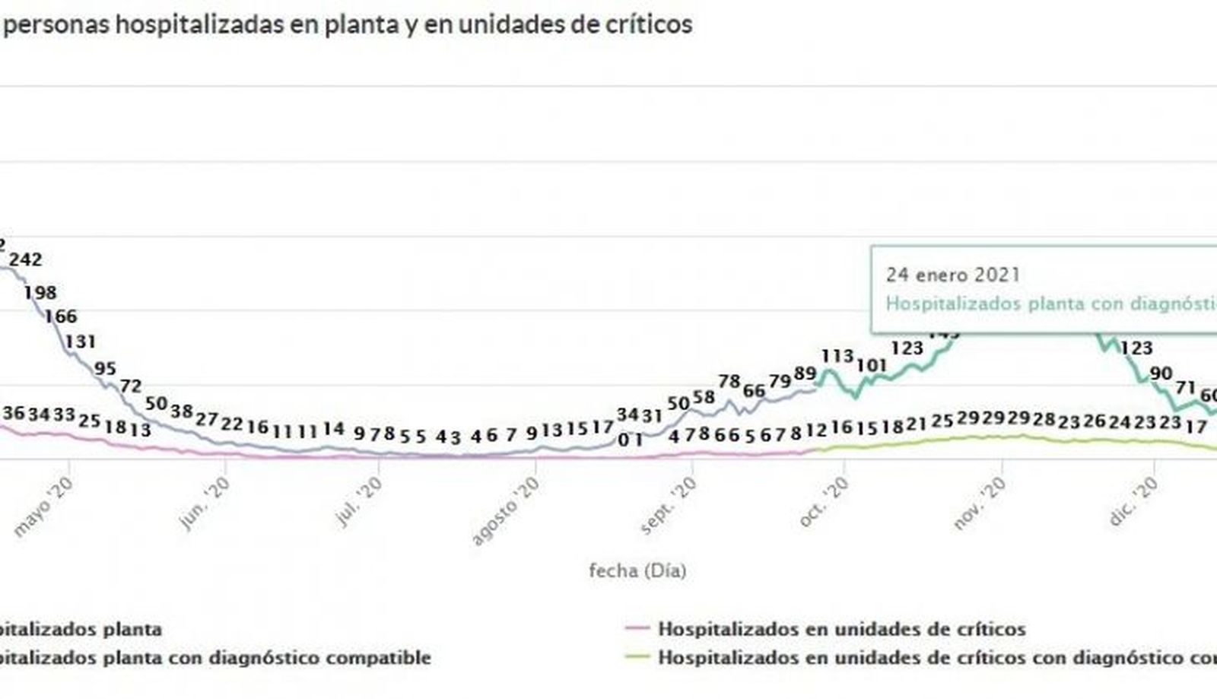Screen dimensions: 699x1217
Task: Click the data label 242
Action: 25,260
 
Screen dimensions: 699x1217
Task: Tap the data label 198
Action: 40,293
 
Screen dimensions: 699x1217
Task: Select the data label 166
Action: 61,316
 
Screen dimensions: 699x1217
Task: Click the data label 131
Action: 80,342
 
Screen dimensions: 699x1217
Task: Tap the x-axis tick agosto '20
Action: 505,511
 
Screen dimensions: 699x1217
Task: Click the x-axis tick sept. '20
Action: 669,507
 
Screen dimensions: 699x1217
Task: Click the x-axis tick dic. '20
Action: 1134,501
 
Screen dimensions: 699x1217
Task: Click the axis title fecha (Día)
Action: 637,570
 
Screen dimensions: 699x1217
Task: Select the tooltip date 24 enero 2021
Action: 952,275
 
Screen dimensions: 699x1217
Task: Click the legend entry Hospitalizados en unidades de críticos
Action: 841,629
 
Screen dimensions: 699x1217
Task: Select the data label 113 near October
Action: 838,356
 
